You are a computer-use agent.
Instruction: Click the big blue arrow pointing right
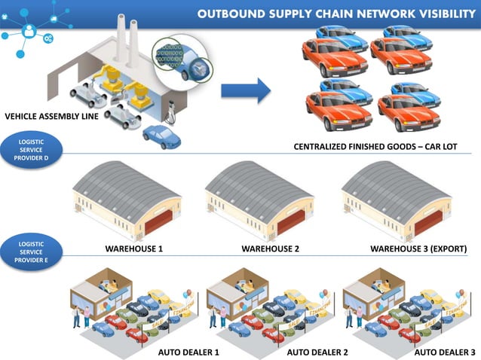[245, 92]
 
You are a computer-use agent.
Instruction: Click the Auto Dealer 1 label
[188, 351]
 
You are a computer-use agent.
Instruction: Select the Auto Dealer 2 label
[317, 351]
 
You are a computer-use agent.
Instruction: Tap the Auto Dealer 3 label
[446, 351]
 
